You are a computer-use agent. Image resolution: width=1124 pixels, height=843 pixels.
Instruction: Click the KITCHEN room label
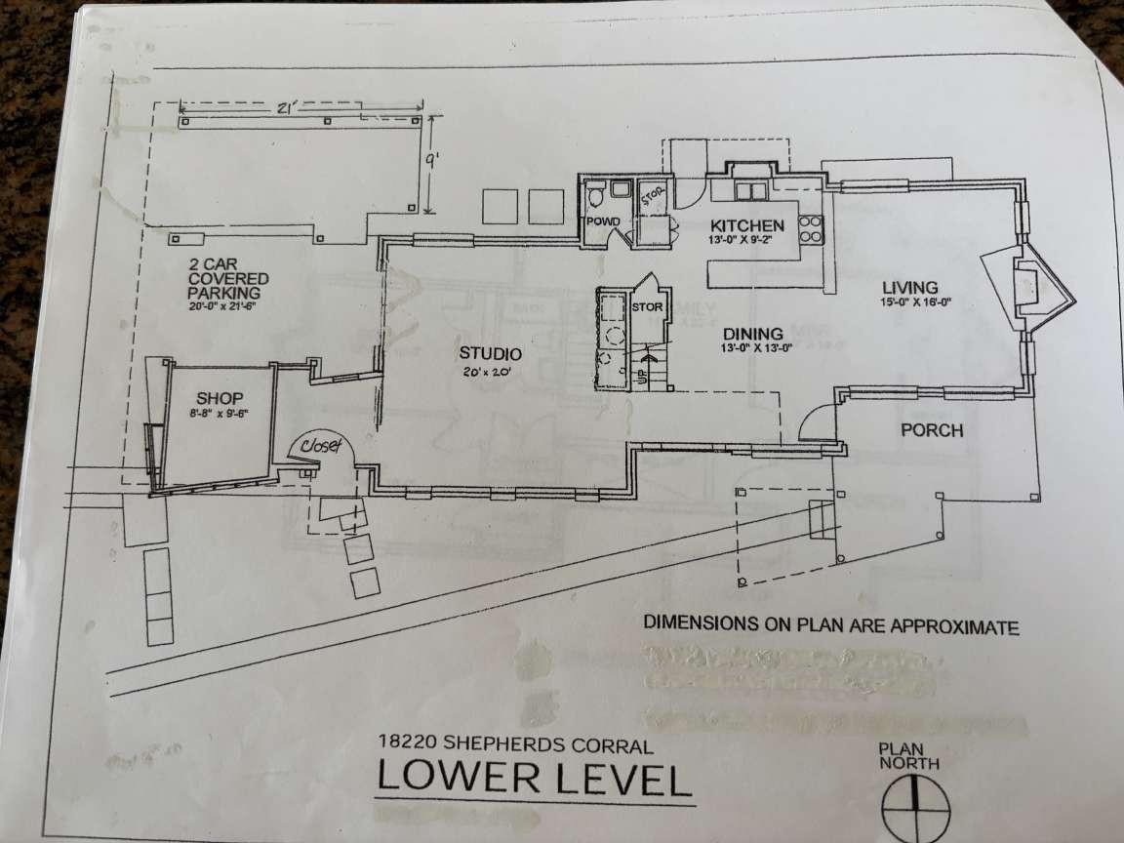(746, 224)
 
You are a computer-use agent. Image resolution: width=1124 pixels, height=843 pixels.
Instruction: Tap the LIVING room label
(909, 288)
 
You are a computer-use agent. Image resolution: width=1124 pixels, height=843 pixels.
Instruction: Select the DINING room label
(752, 333)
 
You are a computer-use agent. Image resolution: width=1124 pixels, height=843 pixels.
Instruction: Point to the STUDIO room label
(490, 354)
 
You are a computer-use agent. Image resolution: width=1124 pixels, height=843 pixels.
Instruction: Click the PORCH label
(931, 430)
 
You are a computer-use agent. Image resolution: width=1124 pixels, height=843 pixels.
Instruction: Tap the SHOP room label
(220, 398)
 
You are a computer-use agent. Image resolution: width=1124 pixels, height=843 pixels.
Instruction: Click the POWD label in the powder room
(602, 222)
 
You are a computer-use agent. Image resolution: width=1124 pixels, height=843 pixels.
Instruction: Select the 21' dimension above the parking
(286, 109)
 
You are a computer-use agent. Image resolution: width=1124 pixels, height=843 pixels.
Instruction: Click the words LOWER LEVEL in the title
(534, 781)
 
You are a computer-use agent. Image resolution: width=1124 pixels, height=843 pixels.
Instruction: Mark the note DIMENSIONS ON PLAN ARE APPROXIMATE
(831, 626)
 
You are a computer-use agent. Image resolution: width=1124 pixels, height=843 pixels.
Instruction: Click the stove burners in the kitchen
(811, 227)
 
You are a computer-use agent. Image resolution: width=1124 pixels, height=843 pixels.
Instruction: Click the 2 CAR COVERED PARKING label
(225, 278)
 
